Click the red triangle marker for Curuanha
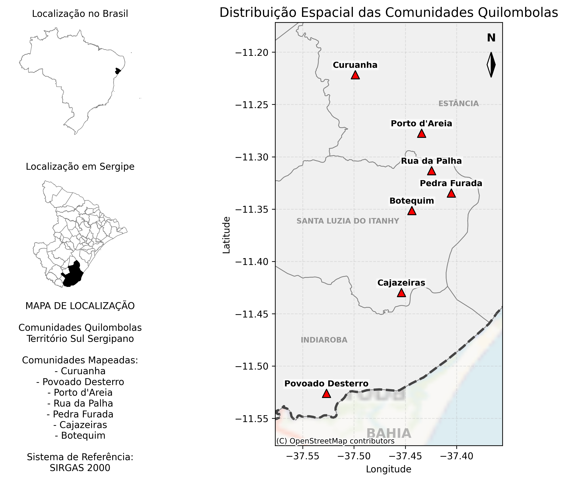(355, 75)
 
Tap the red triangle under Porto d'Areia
(422, 134)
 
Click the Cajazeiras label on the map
(401, 283)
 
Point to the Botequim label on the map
(412, 201)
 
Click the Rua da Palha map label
(431, 161)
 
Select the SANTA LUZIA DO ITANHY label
(348, 221)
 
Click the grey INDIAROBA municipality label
(324, 340)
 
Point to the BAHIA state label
(388, 434)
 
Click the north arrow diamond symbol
(491, 65)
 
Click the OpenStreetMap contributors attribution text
(335, 441)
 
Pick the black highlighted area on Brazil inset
(118, 71)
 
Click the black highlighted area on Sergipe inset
(72, 275)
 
